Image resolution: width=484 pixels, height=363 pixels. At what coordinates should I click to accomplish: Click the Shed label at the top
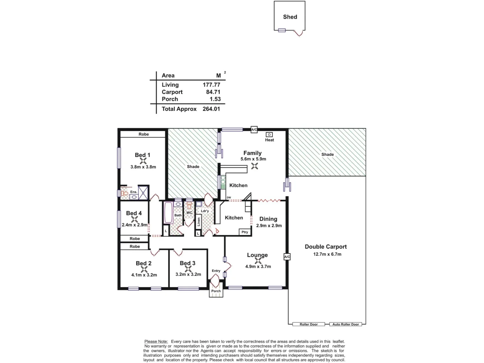[290, 17]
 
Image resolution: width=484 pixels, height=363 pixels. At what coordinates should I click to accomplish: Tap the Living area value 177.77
[211, 85]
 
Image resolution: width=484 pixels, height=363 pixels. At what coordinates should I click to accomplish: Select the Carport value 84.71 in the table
[213, 92]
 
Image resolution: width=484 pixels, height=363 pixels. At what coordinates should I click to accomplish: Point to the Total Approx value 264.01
[211, 109]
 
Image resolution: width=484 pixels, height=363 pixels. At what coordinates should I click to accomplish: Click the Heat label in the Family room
[269, 140]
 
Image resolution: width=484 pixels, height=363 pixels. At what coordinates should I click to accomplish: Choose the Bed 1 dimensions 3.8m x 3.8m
[143, 167]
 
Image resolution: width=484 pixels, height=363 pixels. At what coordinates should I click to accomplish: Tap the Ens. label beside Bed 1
[134, 192]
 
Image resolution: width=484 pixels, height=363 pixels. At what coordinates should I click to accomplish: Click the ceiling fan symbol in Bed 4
[134, 219]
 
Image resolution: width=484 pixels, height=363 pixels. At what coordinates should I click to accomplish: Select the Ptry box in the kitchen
[245, 232]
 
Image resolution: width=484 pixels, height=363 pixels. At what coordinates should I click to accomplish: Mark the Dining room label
[268, 219]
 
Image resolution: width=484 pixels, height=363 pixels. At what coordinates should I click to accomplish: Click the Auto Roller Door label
[346, 324]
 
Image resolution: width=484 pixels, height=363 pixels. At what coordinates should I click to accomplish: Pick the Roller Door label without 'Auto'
[309, 324]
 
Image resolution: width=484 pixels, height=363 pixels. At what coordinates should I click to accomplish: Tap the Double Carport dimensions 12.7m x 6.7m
[327, 254]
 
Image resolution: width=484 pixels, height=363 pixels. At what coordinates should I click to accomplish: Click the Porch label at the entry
[216, 291]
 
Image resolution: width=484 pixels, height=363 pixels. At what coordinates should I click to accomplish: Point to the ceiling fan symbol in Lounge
[258, 260]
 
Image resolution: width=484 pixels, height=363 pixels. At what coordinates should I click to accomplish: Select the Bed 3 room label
[187, 263]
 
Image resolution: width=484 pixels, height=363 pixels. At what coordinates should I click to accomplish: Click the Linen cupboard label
[199, 221]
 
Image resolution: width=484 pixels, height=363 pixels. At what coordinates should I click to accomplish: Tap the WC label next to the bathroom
[189, 213]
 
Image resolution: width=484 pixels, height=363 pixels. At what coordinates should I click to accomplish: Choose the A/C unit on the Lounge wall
[287, 257]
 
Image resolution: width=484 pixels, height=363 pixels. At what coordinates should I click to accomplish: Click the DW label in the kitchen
[229, 198]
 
